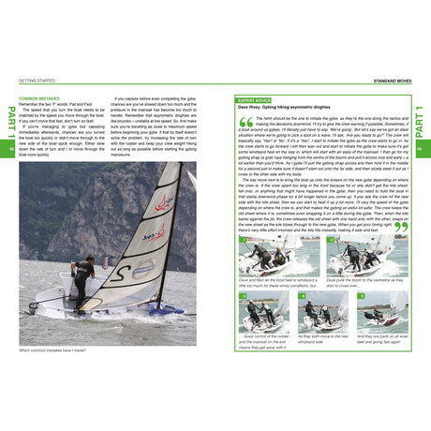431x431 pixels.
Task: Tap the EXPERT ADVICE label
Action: [x=254, y=99]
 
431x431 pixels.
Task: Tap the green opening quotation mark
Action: [x=245, y=122]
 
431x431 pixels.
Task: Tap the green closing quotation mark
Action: [x=400, y=227]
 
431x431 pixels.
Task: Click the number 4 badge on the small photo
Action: [x=302, y=302]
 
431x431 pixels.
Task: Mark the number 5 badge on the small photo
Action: [x=360, y=302]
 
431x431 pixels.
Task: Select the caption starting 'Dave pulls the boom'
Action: [x=366, y=283]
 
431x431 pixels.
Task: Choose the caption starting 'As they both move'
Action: [x=324, y=337]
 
